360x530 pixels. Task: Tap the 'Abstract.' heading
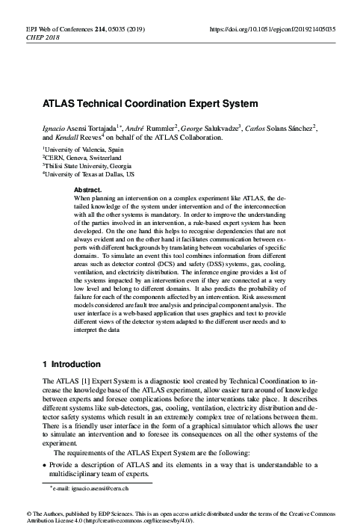coord(89,191)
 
